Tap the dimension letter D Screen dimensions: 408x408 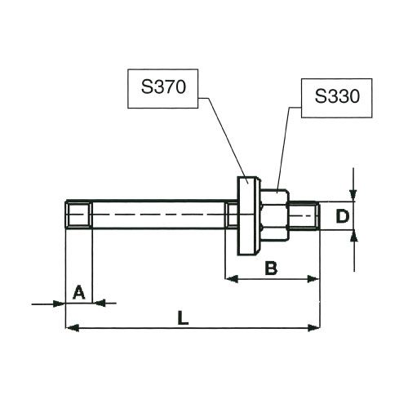pyautogui.click(x=343, y=217)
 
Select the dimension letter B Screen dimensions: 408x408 pyautogui.click(x=271, y=268)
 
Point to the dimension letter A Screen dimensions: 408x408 pyautogui.click(x=79, y=292)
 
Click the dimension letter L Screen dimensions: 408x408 pyautogui.click(x=183, y=318)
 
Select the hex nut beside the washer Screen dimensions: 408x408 pyautogui.click(x=275, y=215)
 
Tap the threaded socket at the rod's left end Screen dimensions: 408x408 pyautogui.click(x=79, y=215)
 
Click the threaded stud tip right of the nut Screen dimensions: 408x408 pyautogui.click(x=304, y=215)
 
